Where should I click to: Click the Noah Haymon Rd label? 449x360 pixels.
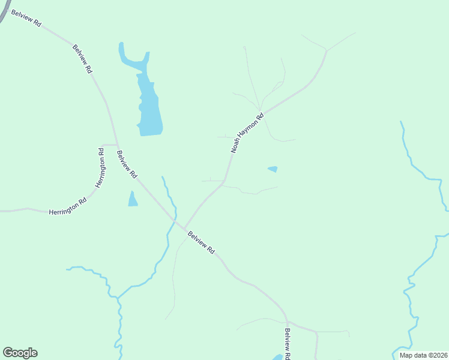[x=247, y=133]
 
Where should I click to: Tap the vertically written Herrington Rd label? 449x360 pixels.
[x=101, y=167]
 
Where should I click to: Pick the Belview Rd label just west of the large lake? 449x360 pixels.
[x=83, y=59]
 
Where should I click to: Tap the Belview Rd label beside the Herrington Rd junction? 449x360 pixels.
[x=127, y=164]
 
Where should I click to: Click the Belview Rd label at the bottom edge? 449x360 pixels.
[x=288, y=344]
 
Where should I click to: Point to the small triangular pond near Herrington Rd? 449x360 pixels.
[x=133, y=200]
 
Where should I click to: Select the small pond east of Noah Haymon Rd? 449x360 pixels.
[x=273, y=169]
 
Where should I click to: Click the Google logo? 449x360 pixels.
[x=20, y=353]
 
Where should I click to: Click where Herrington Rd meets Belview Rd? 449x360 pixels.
[x=116, y=145]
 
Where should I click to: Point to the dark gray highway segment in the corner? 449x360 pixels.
[x=4, y=12]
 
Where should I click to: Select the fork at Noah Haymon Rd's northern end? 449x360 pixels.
[x=326, y=51]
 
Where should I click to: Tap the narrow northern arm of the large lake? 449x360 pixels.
[x=122, y=52]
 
